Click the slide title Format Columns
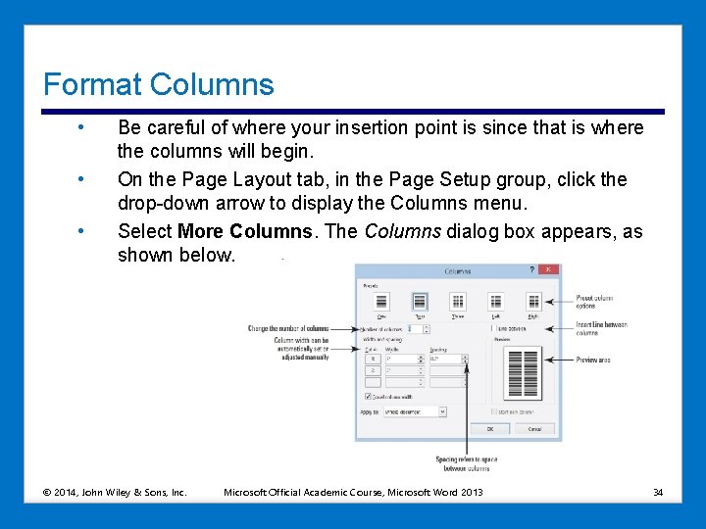(x=159, y=85)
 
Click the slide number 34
(x=658, y=491)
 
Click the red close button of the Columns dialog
(x=554, y=270)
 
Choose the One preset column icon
(x=381, y=302)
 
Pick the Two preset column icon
(x=420, y=302)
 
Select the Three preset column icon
(x=458, y=302)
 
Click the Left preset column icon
(x=496, y=302)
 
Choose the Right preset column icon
(x=533, y=302)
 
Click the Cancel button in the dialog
(x=534, y=429)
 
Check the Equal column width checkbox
(x=368, y=397)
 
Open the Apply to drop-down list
(x=441, y=412)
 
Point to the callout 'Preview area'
(x=592, y=360)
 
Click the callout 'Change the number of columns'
(x=288, y=328)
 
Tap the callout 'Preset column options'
(x=594, y=302)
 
